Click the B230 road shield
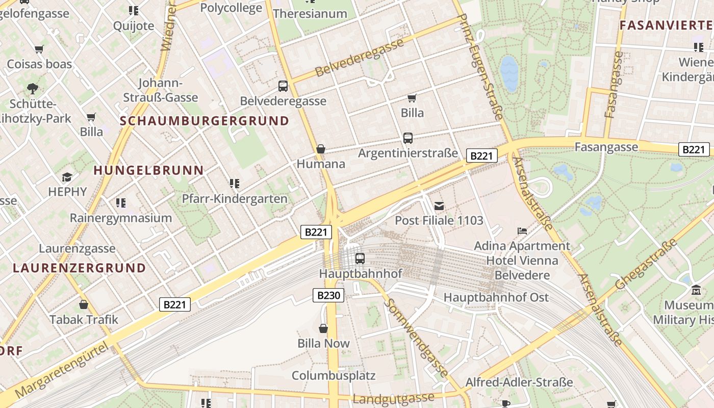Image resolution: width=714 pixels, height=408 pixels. (x=328, y=295)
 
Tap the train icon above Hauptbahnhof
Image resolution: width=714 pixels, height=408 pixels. (x=360, y=259)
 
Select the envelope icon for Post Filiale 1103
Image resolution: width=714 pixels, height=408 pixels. (x=439, y=206)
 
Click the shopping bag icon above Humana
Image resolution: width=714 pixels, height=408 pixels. (x=321, y=149)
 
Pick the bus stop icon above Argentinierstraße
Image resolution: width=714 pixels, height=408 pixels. (x=407, y=138)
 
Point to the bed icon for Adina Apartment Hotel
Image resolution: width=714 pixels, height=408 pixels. (x=522, y=231)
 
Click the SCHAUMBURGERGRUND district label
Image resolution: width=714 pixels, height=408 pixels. (x=205, y=121)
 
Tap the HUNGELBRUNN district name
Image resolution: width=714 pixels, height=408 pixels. (x=148, y=170)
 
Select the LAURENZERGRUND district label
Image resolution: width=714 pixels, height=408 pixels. (x=79, y=268)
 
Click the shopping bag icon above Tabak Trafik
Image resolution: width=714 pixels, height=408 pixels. (x=84, y=304)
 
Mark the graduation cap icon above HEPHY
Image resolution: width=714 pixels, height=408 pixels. (x=67, y=177)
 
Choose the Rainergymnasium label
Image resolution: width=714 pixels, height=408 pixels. (x=121, y=218)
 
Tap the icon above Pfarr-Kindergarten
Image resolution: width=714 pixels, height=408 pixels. (x=235, y=183)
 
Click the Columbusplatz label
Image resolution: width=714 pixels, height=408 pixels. (x=334, y=376)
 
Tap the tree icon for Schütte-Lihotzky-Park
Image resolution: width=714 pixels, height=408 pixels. (x=33, y=89)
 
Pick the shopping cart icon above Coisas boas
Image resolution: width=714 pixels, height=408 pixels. (x=39, y=49)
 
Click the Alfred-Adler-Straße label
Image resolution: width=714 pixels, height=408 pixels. (x=519, y=382)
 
